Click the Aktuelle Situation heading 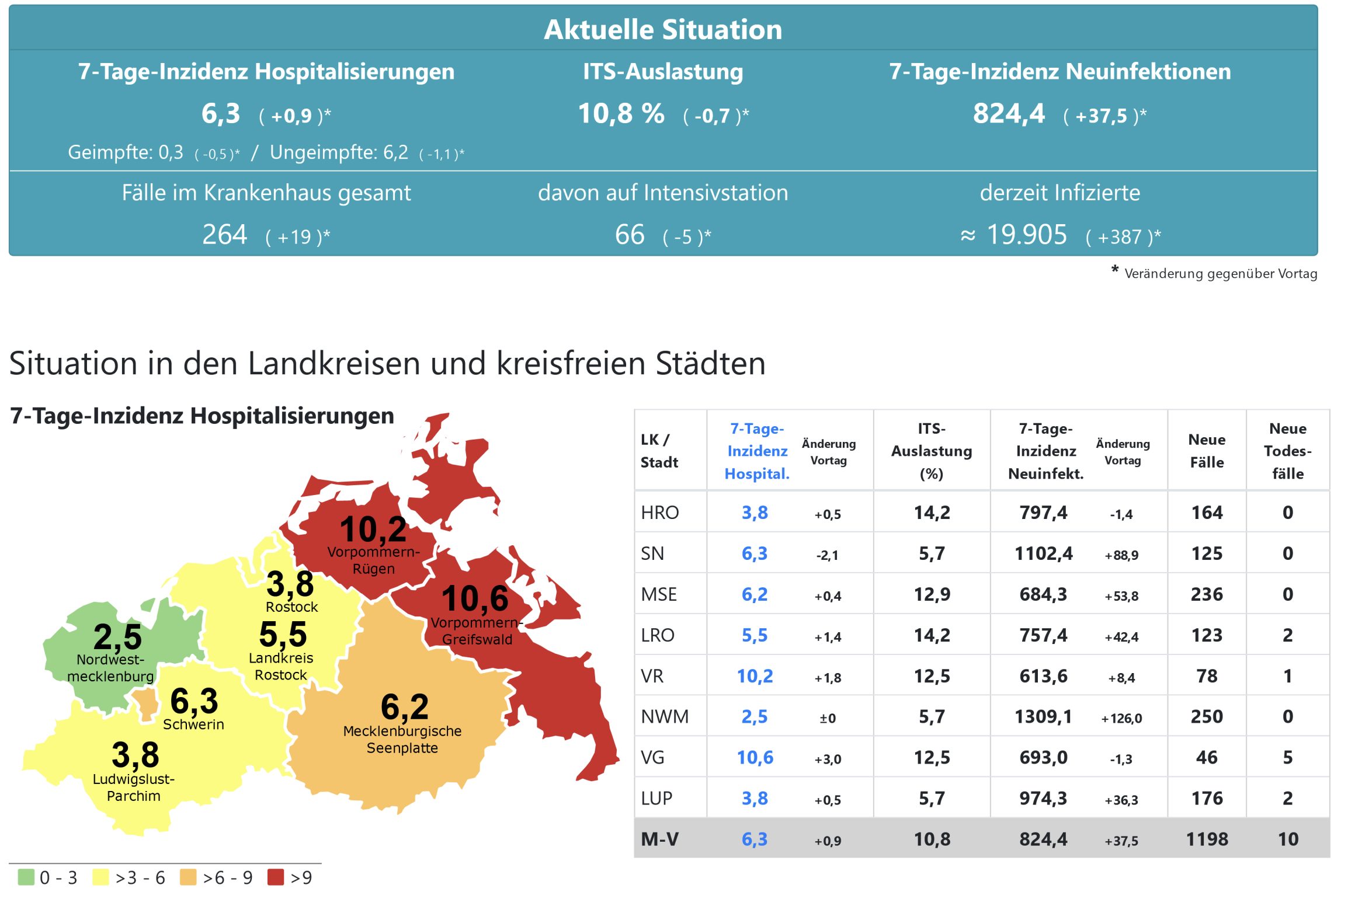coord(662,29)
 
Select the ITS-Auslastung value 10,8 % coord(621,113)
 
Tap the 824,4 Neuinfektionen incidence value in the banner coord(1009,113)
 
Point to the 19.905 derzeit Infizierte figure coord(1026,235)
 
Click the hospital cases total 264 coord(225,235)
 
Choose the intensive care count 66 coord(630,235)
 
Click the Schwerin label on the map coord(193,724)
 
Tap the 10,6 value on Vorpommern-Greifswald coord(475,598)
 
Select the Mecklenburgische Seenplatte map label coord(402,739)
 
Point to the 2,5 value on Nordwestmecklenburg coord(117,636)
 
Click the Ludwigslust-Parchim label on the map coord(134,788)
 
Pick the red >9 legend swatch coord(276,877)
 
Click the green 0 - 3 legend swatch coord(26,877)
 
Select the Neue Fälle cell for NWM coord(1207,716)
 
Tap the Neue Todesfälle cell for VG coord(1287,757)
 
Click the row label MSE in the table coord(659,594)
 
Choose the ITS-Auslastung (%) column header coord(932,451)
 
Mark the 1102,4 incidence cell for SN coord(1043,553)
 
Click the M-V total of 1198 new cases coord(1207,839)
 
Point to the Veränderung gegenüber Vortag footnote coord(1220,273)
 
